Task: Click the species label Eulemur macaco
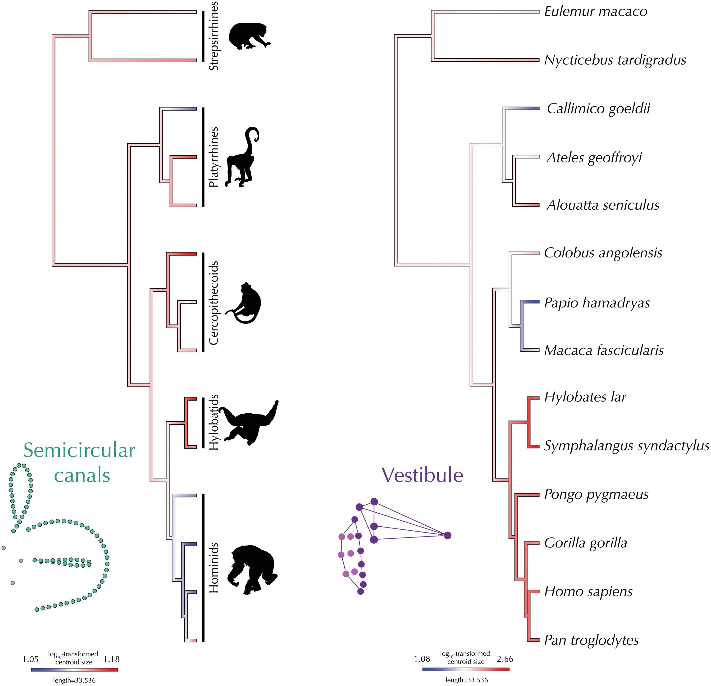[595, 12]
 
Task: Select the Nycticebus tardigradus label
[615, 60]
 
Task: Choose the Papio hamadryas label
[597, 303]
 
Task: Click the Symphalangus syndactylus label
[626, 446]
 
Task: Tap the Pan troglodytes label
[591, 640]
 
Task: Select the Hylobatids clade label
[214, 422]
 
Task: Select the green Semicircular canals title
[79, 463]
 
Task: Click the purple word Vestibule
[422, 475]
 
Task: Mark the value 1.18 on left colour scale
[111, 659]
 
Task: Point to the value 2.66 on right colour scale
[505, 659]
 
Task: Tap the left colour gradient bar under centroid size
[74, 670]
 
